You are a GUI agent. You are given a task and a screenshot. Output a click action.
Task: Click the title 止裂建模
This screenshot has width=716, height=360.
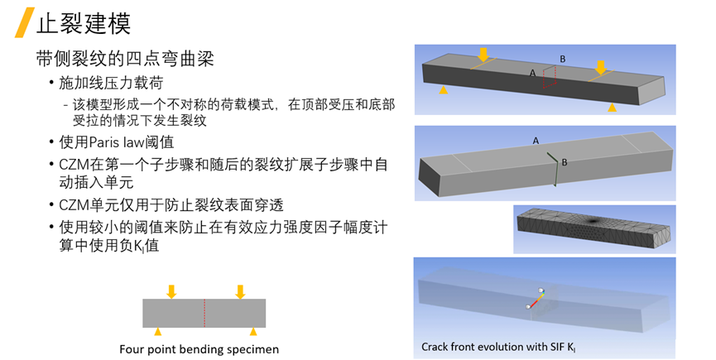(84, 22)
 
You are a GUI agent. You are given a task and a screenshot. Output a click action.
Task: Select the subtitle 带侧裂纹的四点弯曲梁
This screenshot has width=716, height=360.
(127, 60)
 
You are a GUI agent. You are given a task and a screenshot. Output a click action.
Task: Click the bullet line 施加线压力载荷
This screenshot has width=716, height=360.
(110, 84)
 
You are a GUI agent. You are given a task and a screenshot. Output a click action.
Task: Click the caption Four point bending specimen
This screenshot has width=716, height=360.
(199, 349)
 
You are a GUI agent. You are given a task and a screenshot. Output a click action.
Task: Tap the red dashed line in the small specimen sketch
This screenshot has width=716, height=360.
(204, 313)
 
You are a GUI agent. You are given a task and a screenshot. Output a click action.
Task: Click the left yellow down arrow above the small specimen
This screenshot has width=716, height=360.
(171, 291)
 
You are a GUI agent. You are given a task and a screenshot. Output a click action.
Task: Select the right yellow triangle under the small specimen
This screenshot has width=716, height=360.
(241, 331)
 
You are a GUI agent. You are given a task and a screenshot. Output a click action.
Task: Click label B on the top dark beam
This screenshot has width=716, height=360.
(563, 59)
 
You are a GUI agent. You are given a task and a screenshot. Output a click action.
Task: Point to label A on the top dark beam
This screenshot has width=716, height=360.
(532, 73)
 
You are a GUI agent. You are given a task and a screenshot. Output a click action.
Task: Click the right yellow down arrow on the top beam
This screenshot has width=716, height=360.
(601, 67)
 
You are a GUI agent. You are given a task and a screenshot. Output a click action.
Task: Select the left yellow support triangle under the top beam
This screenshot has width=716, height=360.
(444, 89)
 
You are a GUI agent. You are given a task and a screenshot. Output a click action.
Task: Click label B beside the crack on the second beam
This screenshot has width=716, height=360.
(564, 163)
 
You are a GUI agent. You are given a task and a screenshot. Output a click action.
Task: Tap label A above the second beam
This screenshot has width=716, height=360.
(536, 141)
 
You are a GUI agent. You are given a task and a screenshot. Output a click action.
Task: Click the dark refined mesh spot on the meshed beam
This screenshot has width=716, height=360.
(594, 221)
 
